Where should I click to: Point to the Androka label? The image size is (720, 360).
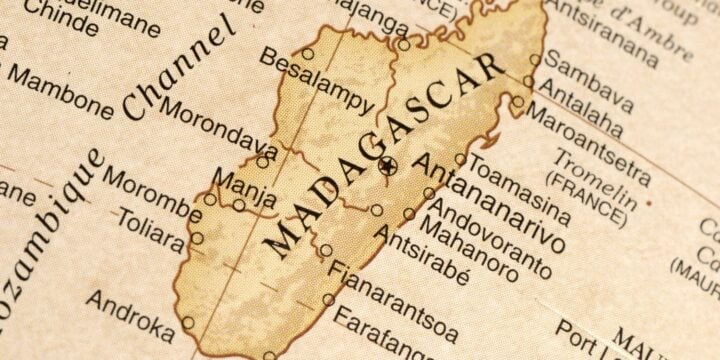pos(130,311)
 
